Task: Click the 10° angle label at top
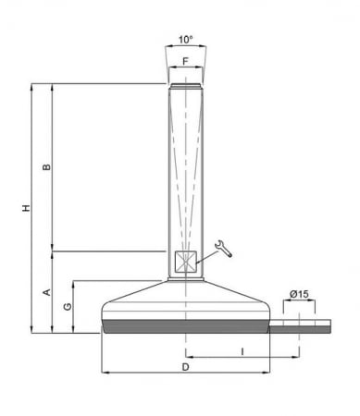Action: tap(185, 40)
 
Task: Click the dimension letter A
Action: tap(45, 292)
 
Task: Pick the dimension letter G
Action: tap(66, 306)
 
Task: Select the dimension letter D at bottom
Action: tap(185, 366)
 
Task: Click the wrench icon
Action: tap(223, 247)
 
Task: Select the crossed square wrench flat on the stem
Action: tap(185, 262)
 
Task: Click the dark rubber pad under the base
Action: tap(185, 326)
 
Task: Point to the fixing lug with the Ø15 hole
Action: tap(301, 324)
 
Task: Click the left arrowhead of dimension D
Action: tap(103, 373)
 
